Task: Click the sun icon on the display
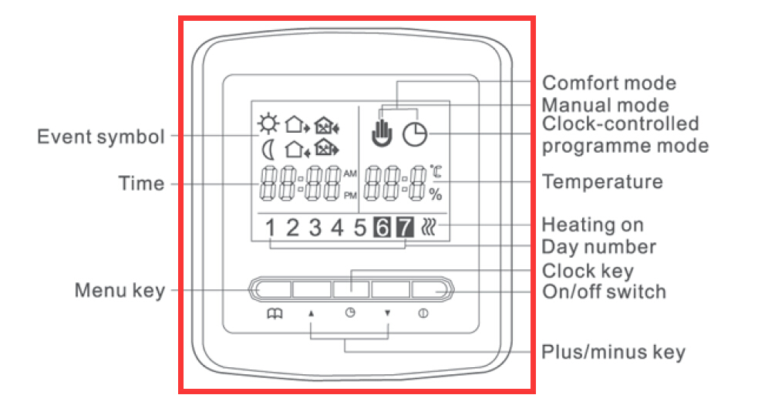coord(268,124)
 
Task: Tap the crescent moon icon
coord(268,149)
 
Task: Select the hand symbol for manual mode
coord(382,132)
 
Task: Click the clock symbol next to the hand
coord(416,134)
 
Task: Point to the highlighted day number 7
coord(405,227)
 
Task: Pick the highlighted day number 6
coord(382,227)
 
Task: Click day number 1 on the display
coord(270,228)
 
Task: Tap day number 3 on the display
coord(315,228)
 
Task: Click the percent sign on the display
coord(436,194)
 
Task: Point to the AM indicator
coord(350,174)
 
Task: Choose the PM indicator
coord(350,195)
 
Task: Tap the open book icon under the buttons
coord(275,314)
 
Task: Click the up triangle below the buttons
coord(312,313)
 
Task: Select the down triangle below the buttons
coord(387,313)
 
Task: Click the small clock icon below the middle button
coord(350,312)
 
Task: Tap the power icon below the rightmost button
coord(423,313)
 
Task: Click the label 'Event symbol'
coord(101,137)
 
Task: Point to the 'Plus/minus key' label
coord(613,352)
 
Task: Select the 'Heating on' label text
coord(593,225)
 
